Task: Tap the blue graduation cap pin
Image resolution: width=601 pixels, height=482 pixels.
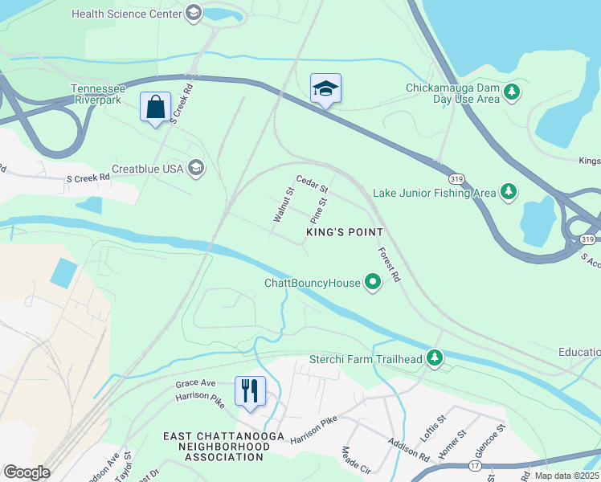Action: point(325,89)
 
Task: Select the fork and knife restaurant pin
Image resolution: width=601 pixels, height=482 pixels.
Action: point(249,391)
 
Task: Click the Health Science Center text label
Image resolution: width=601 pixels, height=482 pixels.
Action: point(126,14)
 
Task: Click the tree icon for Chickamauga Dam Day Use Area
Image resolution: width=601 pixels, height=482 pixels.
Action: point(512,93)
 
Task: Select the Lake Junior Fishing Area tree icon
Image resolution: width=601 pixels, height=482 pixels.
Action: point(508,192)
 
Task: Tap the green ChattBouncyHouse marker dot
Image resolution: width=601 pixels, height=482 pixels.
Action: point(372,283)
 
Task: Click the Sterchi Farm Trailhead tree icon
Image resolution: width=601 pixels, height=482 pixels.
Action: point(435,358)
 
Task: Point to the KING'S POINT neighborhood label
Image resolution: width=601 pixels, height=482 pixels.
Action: point(344,232)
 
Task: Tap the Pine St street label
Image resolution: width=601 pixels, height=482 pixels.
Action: point(320,211)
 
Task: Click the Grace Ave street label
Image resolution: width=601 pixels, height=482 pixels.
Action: point(197,384)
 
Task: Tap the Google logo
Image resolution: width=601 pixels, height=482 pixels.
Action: point(26,472)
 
